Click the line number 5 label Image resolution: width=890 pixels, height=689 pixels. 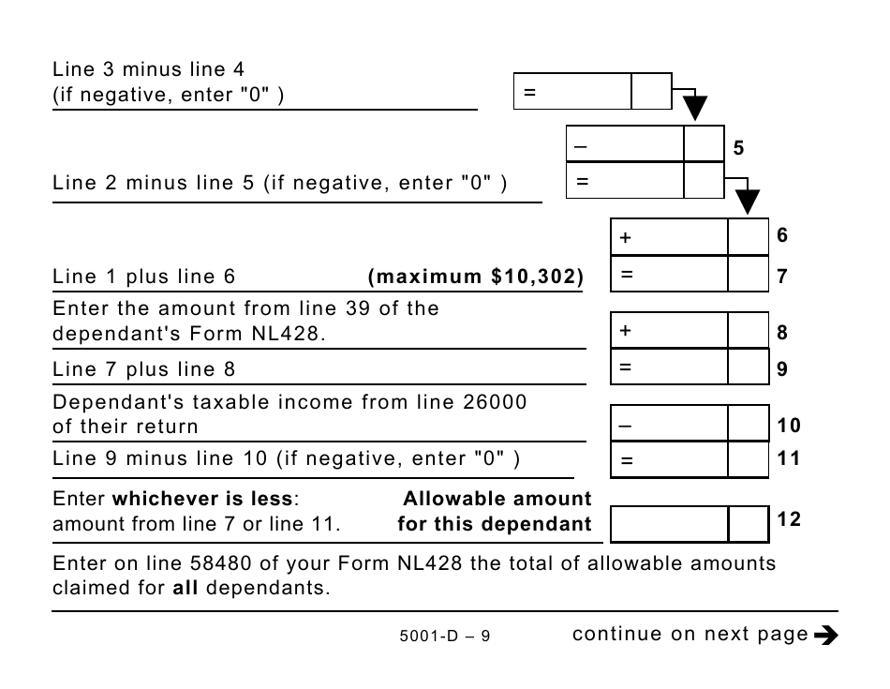[738, 148]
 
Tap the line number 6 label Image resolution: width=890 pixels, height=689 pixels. [782, 235]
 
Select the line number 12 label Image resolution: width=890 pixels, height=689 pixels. [789, 518]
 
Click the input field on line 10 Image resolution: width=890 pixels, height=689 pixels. [669, 424]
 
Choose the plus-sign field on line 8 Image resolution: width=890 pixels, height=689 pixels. [669, 331]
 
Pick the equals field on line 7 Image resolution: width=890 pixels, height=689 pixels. [669, 275]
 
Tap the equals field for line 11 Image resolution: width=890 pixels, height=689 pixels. [669, 459]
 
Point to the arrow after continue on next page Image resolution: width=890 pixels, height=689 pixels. [825, 636]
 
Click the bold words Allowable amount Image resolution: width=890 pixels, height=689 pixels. [497, 499]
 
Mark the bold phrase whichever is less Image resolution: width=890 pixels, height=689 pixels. [204, 499]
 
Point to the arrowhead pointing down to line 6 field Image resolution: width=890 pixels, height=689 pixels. [747, 202]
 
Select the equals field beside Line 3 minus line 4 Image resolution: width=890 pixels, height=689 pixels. [572, 92]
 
